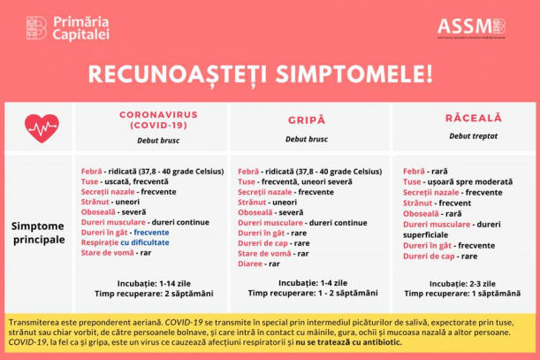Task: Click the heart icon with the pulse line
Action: click(x=42, y=128)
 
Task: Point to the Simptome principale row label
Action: click(x=38, y=233)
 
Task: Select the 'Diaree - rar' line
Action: click(x=259, y=264)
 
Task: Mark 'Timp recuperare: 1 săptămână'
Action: click(x=460, y=294)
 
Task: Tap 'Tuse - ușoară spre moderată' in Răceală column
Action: click(x=451, y=181)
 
